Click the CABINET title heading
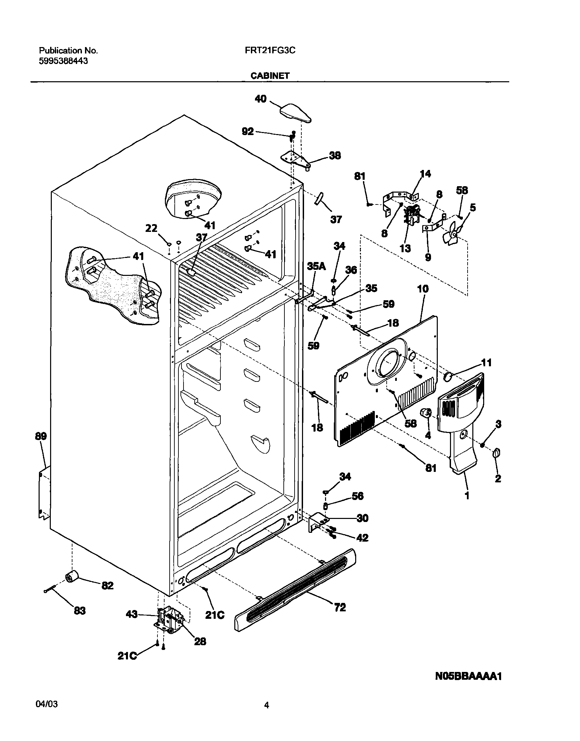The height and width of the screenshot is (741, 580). [x=270, y=76]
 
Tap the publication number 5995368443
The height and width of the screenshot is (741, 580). [x=64, y=61]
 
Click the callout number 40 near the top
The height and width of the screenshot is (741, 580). [x=261, y=99]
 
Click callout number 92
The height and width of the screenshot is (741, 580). [x=248, y=131]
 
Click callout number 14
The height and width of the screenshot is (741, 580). [x=425, y=174]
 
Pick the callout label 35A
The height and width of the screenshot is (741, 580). [x=316, y=266]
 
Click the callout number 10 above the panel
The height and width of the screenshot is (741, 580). [x=423, y=289]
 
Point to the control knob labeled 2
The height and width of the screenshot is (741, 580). [x=496, y=453]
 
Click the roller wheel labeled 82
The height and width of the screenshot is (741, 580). [x=71, y=576]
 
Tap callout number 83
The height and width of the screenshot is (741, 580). [x=80, y=611]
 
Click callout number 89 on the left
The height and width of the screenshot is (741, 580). [x=41, y=436]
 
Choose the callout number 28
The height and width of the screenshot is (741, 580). [x=200, y=641]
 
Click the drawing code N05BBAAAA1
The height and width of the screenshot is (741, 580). [x=468, y=676]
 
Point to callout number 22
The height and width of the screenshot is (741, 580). [x=151, y=228]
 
